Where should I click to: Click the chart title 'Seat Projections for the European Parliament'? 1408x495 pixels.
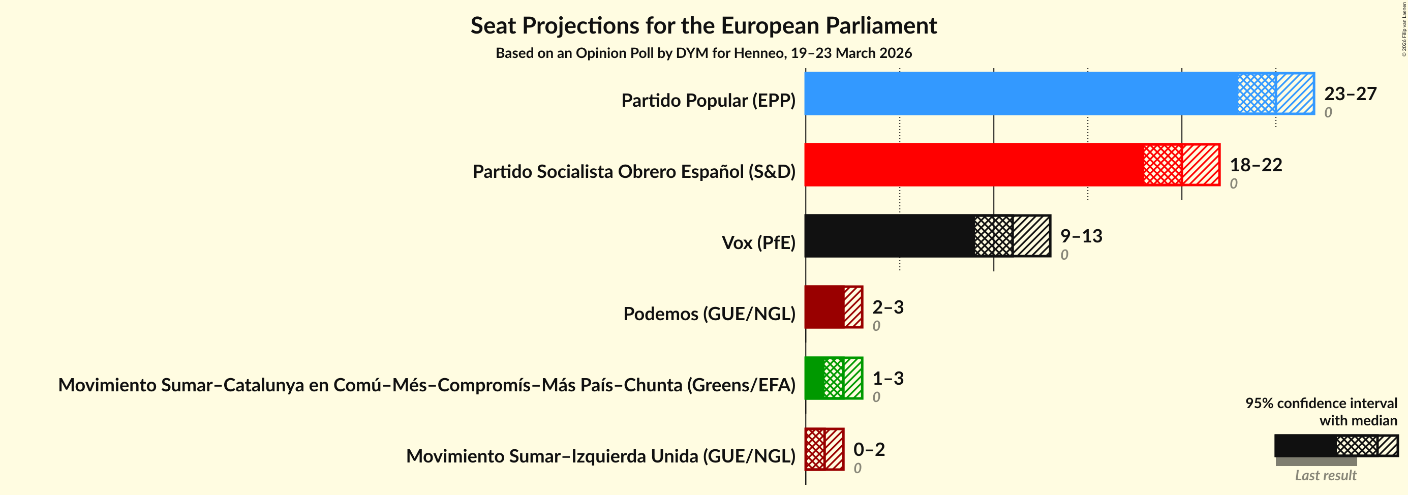703,26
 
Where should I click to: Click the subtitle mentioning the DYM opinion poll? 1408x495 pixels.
703,53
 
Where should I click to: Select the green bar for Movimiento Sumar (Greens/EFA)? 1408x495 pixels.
815,378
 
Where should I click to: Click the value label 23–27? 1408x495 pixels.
1350,94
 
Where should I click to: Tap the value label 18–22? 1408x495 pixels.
1256,165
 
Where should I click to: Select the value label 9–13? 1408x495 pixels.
1081,235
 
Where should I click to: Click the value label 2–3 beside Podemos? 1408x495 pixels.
887,306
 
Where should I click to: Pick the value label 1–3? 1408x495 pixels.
887,378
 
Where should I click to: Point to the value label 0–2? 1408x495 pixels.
869,449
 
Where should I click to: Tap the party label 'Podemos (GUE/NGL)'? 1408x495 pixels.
709,314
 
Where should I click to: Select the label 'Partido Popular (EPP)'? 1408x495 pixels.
708,100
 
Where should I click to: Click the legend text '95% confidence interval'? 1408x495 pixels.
1321,403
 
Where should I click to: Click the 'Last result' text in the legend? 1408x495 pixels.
1326,475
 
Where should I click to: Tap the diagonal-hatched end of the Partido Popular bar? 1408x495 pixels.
1295,94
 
